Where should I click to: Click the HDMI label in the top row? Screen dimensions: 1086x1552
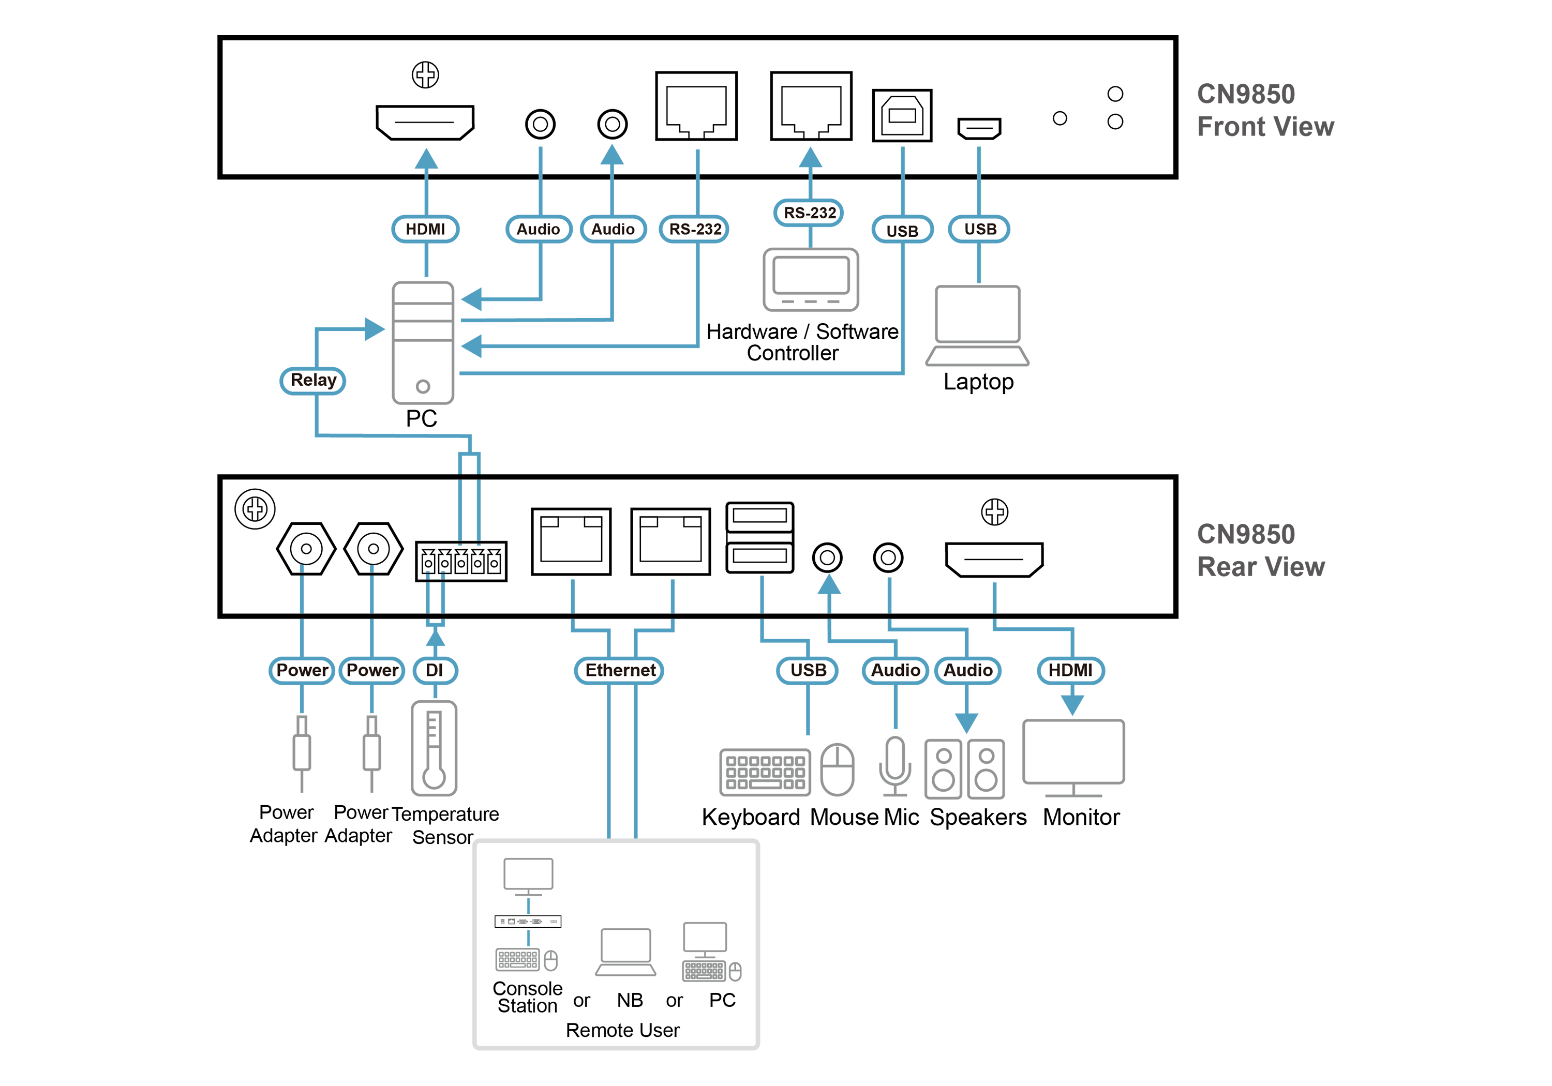(x=425, y=229)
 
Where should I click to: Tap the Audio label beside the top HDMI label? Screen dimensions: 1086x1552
(x=538, y=229)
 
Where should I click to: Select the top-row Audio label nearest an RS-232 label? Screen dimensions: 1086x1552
(x=613, y=229)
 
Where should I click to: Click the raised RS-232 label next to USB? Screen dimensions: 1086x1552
(x=809, y=213)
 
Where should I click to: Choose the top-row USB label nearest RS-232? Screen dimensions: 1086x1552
(x=902, y=231)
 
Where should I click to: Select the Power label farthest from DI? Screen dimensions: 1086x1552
(x=302, y=670)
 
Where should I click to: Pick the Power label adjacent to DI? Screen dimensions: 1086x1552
(x=372, y=670)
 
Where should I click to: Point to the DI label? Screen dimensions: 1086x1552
(x=435, y=670)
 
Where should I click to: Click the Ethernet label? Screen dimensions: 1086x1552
(x=620, y=670)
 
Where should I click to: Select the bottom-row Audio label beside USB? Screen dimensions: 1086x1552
(x=895, y=670)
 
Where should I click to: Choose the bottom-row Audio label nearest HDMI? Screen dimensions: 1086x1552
(x=967, y=670)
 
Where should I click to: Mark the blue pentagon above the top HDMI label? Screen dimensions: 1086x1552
(x=426, y=159)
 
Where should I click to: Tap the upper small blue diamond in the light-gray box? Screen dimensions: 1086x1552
(x=529, y=905)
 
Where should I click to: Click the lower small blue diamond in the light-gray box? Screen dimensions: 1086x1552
(x=529, y=938)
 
